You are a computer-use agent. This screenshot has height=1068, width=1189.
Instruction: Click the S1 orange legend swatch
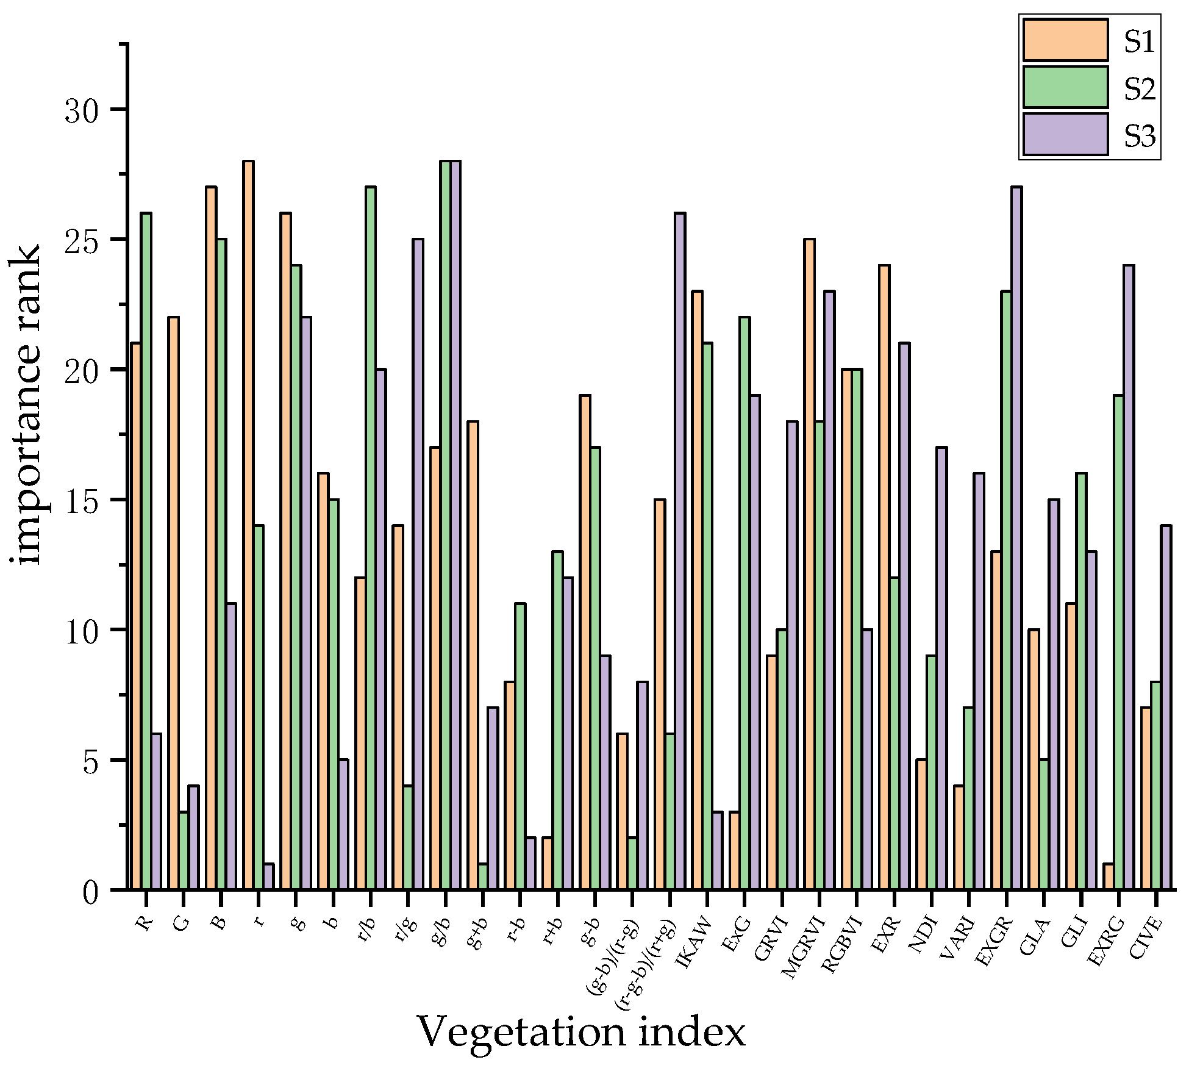pos(1065,40)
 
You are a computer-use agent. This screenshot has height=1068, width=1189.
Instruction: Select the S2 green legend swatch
pos(1065,87)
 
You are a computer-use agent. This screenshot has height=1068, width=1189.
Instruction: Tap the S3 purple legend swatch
pos(1065,134)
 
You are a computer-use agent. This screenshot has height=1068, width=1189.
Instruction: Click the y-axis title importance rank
pos(26,406)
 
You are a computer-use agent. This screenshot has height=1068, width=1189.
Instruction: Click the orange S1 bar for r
pos(248,525)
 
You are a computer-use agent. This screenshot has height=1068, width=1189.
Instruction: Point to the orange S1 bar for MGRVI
pos(809,564)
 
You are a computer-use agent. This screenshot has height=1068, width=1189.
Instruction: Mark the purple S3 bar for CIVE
pos(1166,708)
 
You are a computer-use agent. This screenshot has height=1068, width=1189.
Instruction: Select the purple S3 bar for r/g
pos(418,564)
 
